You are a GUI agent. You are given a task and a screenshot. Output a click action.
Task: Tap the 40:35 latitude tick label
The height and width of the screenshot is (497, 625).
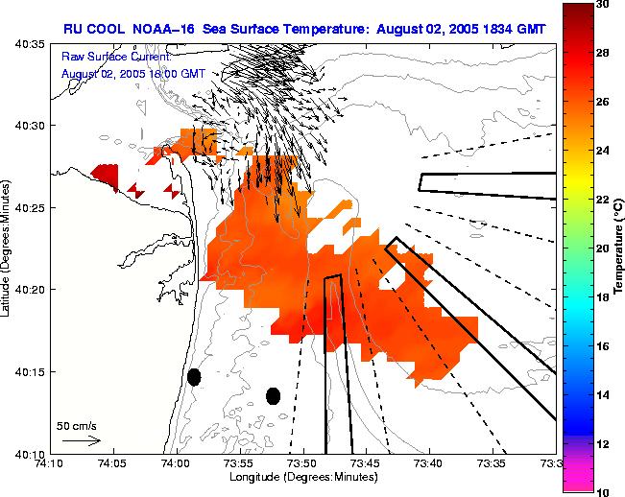click(x=29, y=45)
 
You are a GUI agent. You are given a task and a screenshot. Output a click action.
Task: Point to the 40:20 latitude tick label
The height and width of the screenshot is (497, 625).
click(x=29, y=290)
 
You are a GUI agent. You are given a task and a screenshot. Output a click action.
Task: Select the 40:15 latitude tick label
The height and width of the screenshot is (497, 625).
click(x=29, y=372)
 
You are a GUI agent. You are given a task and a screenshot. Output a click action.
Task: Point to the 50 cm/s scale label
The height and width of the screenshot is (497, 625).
click(x=77, y=426)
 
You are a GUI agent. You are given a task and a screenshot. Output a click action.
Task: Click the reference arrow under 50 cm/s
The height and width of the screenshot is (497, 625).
click(x=82, y=440)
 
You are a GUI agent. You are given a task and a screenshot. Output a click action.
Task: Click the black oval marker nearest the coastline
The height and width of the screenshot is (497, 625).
click(x=194, y=377)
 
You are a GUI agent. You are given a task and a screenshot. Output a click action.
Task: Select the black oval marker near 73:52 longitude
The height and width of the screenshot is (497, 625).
click(x=273, y=395)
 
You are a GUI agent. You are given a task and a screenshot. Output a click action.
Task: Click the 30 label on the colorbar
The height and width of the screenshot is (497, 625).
click(x=602, y=5)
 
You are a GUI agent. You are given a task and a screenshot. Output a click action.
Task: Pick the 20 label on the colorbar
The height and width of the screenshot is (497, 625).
click(x=602, y=248)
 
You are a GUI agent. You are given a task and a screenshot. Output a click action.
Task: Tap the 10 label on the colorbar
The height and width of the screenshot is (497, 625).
click(x=602, y=491)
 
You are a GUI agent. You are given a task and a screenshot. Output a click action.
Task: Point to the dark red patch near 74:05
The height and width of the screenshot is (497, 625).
click(x=106, y=176)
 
